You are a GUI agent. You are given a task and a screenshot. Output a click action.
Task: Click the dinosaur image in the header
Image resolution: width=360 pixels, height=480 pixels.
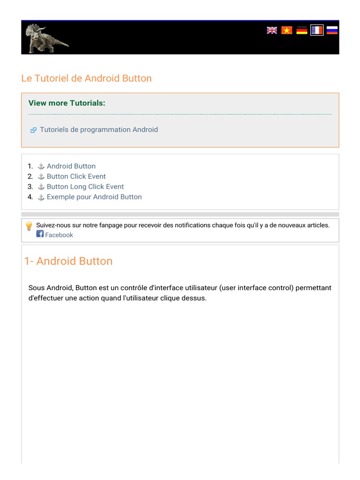pyautogui.click(x=46, y=38)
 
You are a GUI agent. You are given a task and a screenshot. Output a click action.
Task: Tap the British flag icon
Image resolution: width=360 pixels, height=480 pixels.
pyautogui.click(x=272, y=30)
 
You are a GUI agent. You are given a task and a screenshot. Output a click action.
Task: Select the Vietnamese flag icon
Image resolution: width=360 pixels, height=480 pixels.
pyautogui.click(x=287, y=30)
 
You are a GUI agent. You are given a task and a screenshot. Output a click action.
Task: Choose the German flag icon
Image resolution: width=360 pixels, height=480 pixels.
pyautogui.click(x=302, y=30)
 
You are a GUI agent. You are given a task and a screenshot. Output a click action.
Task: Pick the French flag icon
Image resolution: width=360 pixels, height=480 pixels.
pyautogui.click(x=317, y=30)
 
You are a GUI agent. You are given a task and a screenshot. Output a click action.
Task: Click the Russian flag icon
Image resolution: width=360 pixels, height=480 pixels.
pyautogui.click(x=332, y=30)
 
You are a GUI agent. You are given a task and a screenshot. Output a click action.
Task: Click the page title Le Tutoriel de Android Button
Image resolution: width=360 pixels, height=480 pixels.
pyautogui.click(x=87, y=78)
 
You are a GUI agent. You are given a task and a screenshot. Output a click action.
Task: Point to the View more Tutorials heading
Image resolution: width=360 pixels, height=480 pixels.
pyautogui.click(x=67, y=103)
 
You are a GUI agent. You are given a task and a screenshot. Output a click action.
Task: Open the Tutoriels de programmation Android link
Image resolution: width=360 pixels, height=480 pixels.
pyautogui.click(x=99, y=129)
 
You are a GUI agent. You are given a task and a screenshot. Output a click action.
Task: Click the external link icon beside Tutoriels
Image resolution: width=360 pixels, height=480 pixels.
pyautogui.click(x=33, y=130)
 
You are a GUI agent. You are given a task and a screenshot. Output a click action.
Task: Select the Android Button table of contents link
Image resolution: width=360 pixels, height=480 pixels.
pyautogui.click(x=71, y=166)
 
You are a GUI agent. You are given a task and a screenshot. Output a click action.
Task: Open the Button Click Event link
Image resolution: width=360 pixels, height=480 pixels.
pyautogui.click(x=76, y=176)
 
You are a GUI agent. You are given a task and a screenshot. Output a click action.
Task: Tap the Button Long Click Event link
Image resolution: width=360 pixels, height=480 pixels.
pyautogui.click(x=85, y=187)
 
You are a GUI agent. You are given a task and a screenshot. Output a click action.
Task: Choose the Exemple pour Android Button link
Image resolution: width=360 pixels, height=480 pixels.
pyautogui.click(x=94, y=197)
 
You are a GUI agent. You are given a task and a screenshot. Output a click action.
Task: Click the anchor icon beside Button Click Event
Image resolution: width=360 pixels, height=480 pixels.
pyautogui.click(x=41, y=177)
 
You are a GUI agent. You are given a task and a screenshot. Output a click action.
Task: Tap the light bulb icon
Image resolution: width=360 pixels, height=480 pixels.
pyautogui.click(x=29, y=226)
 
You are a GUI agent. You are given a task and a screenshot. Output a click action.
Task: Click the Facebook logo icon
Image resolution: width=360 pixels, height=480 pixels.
pyautogui.click(x=40, y=234)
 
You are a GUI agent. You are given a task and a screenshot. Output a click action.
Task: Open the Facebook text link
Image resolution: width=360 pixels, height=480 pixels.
pyautogui.click(x=59, y=235)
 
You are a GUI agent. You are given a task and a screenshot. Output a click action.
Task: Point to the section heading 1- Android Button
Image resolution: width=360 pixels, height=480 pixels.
pyautogui.click(x=68, y=261)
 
